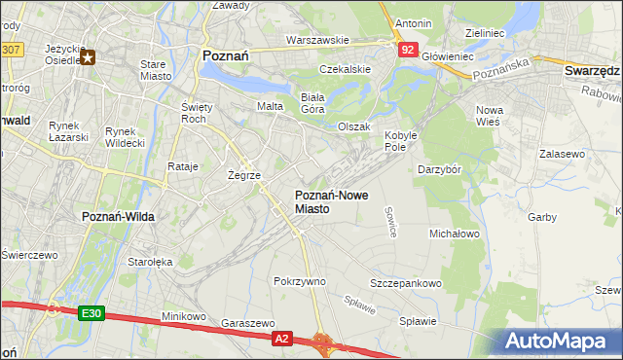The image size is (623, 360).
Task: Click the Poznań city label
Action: coord(225,56)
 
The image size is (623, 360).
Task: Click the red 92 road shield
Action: coord(408,48)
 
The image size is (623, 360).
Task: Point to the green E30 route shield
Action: coord(91,312)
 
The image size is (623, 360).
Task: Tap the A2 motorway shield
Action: coord(281,338)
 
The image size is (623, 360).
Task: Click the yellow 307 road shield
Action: coord(11,48)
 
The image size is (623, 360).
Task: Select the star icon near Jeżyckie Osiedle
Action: coord(89,57)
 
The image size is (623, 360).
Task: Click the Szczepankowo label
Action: coord(406,283)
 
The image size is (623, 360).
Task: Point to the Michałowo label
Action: coord(456,234)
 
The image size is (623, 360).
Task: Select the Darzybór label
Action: coord(445,169)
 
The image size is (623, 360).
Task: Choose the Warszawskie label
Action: coord(317,40)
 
